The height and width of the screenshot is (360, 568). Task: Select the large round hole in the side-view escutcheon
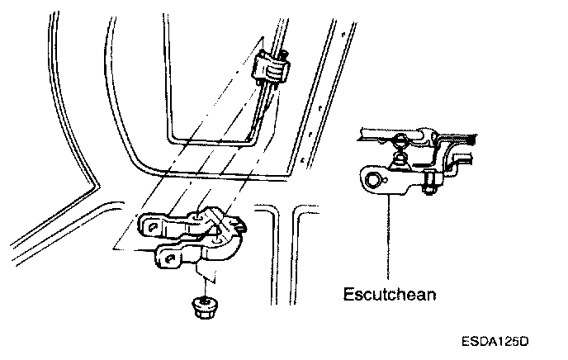pyautogui.click(x=374, y=179)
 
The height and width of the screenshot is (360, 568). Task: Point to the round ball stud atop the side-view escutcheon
pyautogui.click(x=400, y=140)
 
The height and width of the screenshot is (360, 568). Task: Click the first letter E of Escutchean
pyautogui.click(x=347, y=292)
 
